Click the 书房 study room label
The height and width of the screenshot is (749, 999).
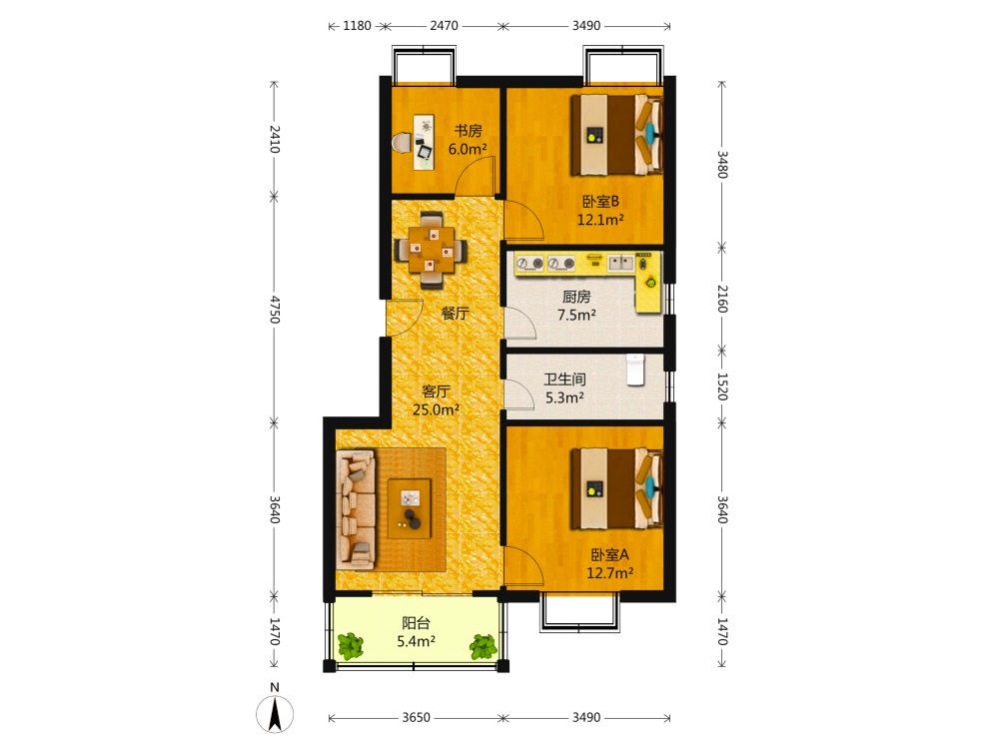point(468,131)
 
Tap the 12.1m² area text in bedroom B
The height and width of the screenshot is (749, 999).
point(600,220)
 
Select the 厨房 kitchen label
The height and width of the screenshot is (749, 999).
point(576,297)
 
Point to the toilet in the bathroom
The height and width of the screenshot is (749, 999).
point(635,371)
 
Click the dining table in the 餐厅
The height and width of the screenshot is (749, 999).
point(432,250)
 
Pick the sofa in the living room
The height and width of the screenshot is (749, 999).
point(356,510)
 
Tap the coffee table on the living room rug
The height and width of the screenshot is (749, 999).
point(410,508)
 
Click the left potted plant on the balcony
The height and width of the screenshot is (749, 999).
point(350,646)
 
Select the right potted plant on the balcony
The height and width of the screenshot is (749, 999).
point(483,646)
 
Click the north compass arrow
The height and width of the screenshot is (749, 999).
point(275,714)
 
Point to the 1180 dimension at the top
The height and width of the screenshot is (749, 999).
point(357,26)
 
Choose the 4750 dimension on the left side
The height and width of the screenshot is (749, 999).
point(275,310)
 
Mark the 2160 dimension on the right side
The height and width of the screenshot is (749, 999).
point(722,299)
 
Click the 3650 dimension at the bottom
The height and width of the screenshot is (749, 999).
point(416,718)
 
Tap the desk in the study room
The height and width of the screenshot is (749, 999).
point(424,142)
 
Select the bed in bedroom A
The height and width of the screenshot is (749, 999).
point(616,489)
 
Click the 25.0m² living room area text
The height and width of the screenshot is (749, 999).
point(436,409)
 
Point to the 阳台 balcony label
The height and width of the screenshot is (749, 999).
point(416,623)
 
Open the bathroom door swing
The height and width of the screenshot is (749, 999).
point(518,393)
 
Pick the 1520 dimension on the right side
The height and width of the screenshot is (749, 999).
point(722,386)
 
